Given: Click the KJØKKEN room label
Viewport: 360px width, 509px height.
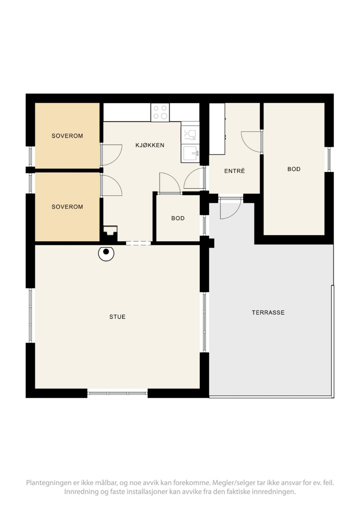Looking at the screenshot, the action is (150, 145).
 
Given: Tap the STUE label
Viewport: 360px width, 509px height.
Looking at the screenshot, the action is (117, 317).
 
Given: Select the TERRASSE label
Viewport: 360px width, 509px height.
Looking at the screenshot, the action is (268, 312).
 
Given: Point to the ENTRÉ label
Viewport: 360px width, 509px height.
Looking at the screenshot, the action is (235, 171).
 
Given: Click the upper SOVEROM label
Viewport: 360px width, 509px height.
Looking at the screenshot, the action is (67, 136).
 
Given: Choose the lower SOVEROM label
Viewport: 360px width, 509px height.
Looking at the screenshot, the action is (67, 207).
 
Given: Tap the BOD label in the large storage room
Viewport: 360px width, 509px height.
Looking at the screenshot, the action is (294, 169).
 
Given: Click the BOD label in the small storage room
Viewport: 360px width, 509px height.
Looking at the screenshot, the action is (178, 218).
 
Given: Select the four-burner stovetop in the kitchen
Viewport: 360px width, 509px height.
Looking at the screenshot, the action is (160, 112).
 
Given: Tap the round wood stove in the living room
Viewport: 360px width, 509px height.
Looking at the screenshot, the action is (106, 253).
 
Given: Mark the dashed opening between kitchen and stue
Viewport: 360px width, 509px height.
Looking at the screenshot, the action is (138, 243).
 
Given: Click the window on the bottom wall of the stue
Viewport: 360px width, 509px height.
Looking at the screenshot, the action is (117, 394).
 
